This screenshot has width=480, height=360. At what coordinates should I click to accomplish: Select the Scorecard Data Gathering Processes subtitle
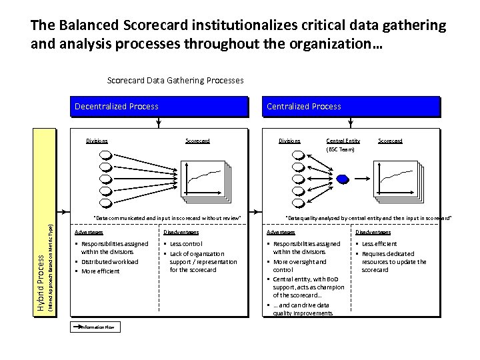click(175, 80)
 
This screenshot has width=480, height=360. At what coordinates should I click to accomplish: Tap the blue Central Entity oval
click(343, 178)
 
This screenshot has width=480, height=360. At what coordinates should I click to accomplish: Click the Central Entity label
click(343, 141)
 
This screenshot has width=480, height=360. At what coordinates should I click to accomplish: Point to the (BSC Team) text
click(340, 149)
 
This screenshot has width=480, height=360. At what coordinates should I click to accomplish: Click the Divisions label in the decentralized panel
click(97, 141)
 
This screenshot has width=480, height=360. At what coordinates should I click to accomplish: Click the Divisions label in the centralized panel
click(289, 141)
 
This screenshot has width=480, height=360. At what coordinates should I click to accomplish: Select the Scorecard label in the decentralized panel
click(197, 141)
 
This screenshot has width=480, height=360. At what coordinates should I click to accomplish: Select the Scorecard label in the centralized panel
click(390, 141)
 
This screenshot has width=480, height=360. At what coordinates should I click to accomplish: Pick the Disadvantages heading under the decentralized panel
click(181, 232)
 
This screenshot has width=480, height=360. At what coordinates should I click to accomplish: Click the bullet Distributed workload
click(110, 261)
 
